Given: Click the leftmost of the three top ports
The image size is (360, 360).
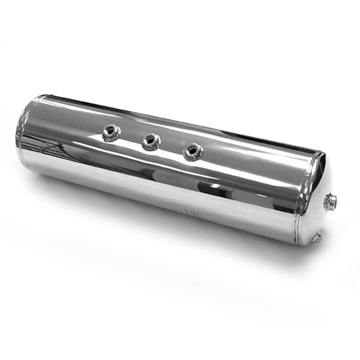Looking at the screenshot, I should (x=112, y=133).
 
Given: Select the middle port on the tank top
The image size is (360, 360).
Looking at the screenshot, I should (x=151, y=142).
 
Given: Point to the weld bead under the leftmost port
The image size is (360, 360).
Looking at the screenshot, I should (x=111, y=139).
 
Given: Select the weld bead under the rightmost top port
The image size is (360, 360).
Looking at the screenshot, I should (x=193, y=157).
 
